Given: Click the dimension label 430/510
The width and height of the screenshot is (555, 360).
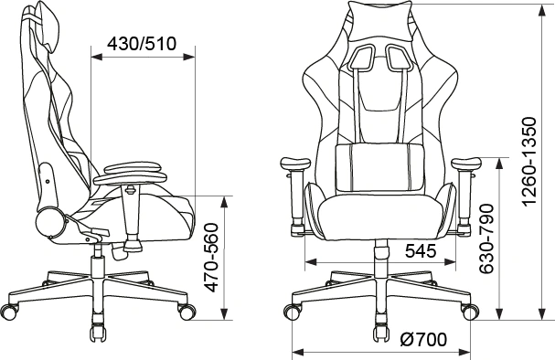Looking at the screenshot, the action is (142, 44).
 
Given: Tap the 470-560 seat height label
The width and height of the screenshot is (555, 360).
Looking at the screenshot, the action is (211, 258).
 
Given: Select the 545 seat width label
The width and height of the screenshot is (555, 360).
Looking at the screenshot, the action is (421, 251).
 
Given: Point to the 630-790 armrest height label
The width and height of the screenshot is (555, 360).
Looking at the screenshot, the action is (486, 238).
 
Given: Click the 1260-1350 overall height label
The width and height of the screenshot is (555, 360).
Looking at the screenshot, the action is (530, 161).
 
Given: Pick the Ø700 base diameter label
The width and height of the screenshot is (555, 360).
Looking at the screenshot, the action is (423, 340).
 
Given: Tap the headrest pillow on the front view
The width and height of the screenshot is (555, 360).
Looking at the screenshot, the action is (381, 20).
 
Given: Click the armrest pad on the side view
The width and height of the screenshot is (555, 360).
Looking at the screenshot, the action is (131, 173).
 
